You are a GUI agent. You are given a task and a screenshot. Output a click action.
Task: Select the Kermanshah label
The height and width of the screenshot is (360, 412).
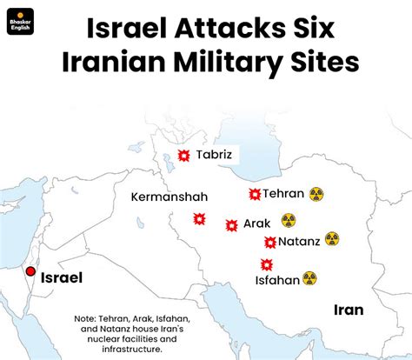(169, 197)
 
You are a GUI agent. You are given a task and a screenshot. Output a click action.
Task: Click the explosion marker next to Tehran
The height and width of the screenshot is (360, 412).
(254, 194)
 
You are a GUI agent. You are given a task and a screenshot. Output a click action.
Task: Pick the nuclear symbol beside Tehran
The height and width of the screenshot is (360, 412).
(316, 194)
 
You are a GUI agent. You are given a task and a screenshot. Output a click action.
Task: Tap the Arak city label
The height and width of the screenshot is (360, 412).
(256, 223)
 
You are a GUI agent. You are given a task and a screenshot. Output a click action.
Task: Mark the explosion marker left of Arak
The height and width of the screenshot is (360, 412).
(230, 224)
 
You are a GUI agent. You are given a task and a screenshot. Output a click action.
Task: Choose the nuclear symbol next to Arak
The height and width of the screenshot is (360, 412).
(288, 221)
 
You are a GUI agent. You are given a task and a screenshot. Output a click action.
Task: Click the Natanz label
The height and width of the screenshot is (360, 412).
(298, 241)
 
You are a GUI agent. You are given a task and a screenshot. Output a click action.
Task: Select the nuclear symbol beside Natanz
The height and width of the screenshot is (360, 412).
(331, 238)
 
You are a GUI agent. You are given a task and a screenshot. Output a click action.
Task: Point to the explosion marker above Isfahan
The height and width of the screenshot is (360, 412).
(265, 263)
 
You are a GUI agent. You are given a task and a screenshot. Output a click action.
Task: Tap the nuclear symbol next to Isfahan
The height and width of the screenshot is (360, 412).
(309, 279)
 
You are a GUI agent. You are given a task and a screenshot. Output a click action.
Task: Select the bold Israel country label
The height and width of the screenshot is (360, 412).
(63, 278)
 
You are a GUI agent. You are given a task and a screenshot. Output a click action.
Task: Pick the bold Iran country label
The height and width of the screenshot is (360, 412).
(349, 310)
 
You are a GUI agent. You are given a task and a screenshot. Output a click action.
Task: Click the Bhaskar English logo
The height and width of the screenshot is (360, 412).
(19, 21)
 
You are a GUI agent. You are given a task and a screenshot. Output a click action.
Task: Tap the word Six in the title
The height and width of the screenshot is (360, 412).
(306, 30)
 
